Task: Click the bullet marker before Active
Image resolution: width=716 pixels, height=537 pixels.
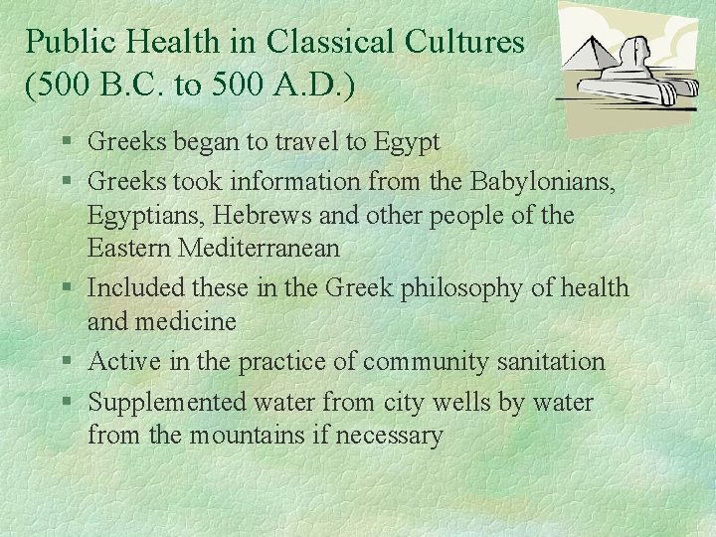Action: [x=64, y=362]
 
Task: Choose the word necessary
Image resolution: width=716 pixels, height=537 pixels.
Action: [x=389, y=436]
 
